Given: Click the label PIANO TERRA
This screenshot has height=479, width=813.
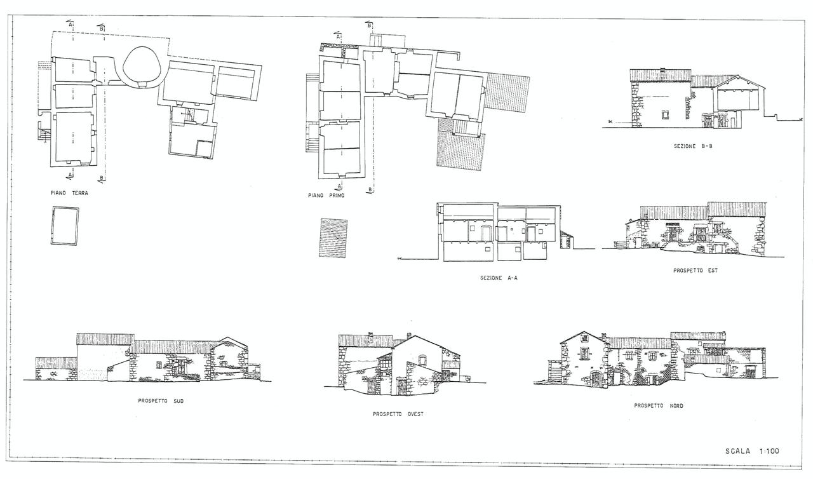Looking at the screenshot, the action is (x=69, y=193).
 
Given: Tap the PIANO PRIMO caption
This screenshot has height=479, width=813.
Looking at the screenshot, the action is (x=326, y=195).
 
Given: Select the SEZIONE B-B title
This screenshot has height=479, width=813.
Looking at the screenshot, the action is (x=693, y=146).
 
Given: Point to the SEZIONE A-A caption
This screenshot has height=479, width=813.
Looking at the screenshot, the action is (x=499, y=278).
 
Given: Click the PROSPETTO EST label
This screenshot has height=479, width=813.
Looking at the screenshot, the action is (x=695, y=271).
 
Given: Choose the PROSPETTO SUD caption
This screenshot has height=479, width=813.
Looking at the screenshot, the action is (x=161, y=401).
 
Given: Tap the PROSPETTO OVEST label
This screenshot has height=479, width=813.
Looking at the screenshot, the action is (x=398, y=414).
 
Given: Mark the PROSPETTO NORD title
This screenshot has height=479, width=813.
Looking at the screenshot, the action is (x=659, y=406).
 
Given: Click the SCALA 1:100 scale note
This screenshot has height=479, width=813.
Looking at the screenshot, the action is (x=752, y=451).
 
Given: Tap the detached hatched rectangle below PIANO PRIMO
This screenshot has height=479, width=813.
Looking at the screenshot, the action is (x=333, y=238).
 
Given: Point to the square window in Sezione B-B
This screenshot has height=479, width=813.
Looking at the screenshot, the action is (x=665, y=115).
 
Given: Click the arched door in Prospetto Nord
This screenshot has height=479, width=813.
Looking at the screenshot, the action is (x=595, y=379).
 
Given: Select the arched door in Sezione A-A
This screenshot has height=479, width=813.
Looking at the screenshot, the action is (x=485, y=233).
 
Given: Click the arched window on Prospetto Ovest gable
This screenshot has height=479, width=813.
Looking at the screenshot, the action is (x=422, y=360).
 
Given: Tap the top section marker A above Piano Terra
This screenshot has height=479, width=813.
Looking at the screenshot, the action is (x=70, y=24).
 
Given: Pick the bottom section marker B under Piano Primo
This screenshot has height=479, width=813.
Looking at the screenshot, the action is (x=370, y=190).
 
